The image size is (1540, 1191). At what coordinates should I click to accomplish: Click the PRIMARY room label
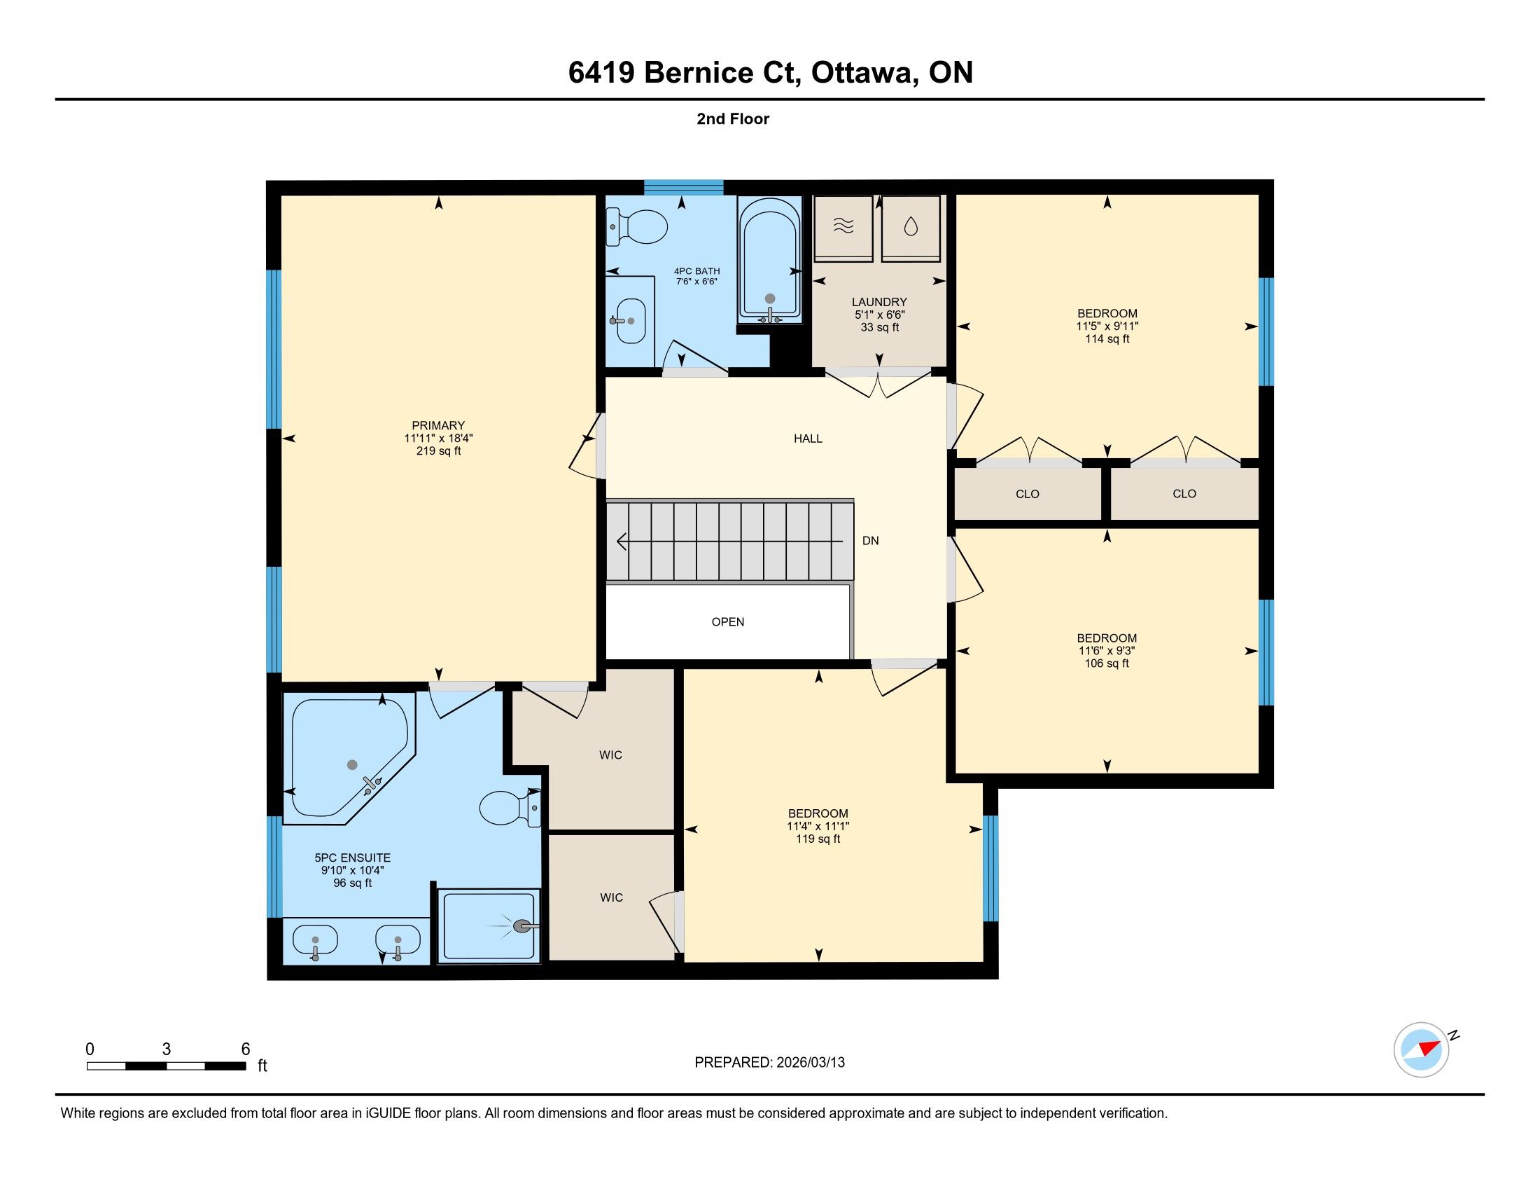pos(438,425)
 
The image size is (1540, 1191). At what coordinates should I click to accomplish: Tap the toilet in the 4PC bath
pos(637,226)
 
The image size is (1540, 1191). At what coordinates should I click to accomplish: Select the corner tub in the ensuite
pos(350,759)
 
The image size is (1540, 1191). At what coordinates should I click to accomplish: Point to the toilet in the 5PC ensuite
pos(510,808)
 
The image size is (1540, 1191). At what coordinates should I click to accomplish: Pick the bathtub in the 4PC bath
pos(770,261)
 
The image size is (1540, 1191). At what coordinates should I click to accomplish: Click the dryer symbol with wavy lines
pos(843,226)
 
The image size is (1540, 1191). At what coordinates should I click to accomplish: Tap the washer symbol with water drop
pos(911,226)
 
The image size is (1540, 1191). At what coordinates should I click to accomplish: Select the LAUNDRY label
pos(879,302)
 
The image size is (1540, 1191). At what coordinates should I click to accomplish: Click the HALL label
pos(808,438)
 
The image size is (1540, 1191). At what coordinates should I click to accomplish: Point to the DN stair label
pos(871,540)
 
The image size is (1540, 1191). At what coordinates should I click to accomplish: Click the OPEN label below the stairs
pos(728,621)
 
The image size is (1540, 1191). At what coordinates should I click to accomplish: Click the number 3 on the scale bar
pos(167,1049)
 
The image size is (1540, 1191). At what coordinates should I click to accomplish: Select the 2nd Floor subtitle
pos(733,118)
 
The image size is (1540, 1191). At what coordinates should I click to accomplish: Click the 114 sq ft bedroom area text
pos(1107,338)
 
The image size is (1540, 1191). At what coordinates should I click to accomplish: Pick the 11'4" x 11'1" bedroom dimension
pos(818,826)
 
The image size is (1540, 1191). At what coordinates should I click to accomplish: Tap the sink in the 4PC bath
pos(631,320)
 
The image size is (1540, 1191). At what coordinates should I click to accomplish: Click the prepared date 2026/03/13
pos(809,1063)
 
